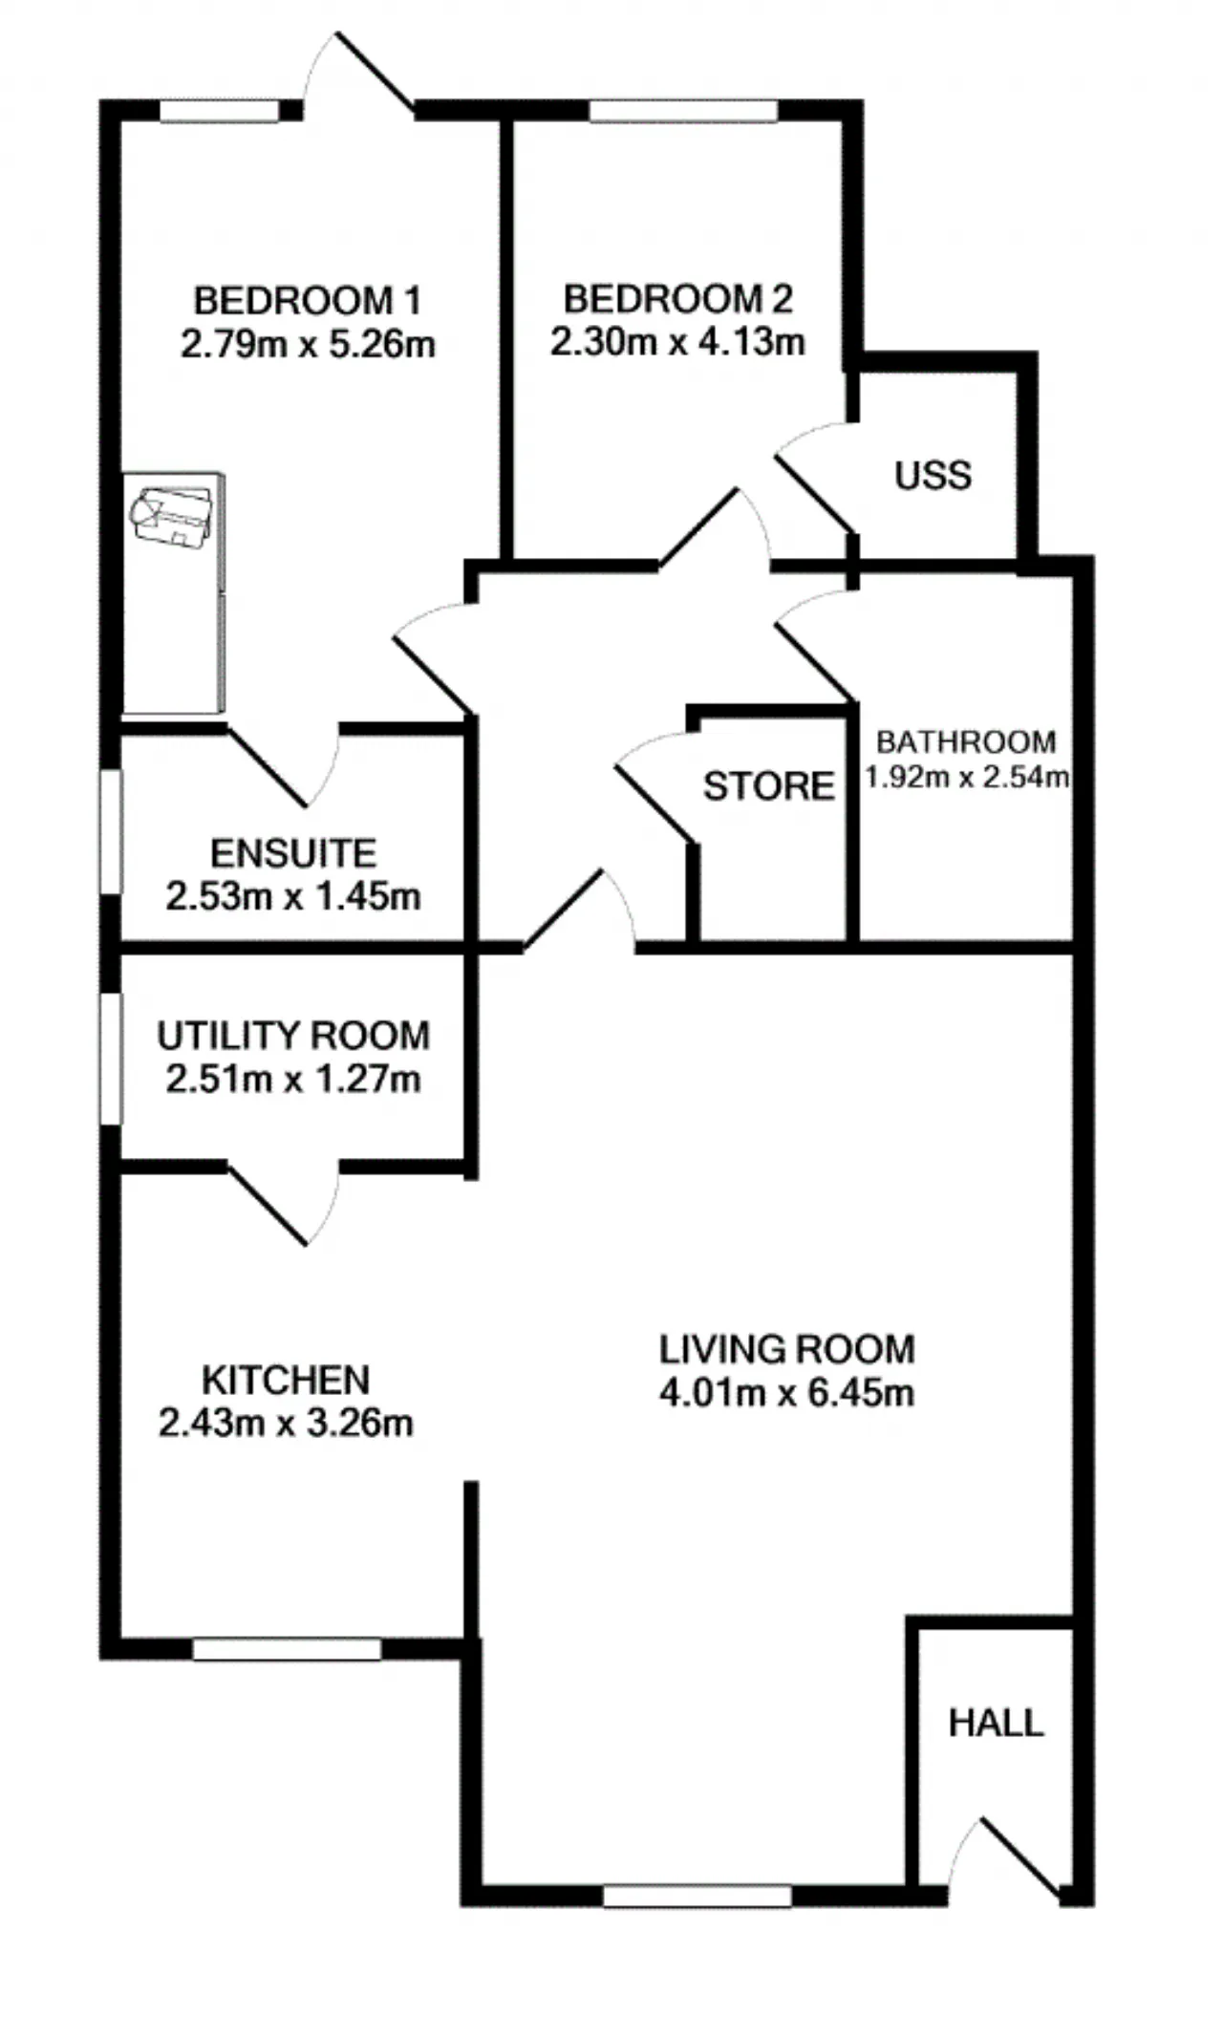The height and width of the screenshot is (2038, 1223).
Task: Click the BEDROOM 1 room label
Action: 307,301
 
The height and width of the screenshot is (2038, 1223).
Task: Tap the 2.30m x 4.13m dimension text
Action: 677,341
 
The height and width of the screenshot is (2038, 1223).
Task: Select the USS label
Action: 933,475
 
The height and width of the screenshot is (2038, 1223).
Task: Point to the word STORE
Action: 769,786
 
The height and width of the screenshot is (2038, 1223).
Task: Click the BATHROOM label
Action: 966,741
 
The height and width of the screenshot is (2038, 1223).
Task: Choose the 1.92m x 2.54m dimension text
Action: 966,777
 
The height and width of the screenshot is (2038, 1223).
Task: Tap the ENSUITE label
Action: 293,852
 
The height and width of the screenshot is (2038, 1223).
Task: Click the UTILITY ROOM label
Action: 293,1036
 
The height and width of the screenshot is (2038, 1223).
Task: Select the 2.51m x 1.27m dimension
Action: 293,1079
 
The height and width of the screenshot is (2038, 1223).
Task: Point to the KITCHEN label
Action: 286,1380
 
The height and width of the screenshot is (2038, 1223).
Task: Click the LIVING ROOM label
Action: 787,1349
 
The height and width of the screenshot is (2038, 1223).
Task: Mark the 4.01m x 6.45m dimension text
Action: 787,1392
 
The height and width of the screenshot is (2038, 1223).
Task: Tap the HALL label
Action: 996,1723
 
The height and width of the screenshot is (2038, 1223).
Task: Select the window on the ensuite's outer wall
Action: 112,832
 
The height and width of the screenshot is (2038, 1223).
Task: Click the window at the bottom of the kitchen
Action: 287,1648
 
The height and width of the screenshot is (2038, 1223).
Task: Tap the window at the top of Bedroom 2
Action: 683,111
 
